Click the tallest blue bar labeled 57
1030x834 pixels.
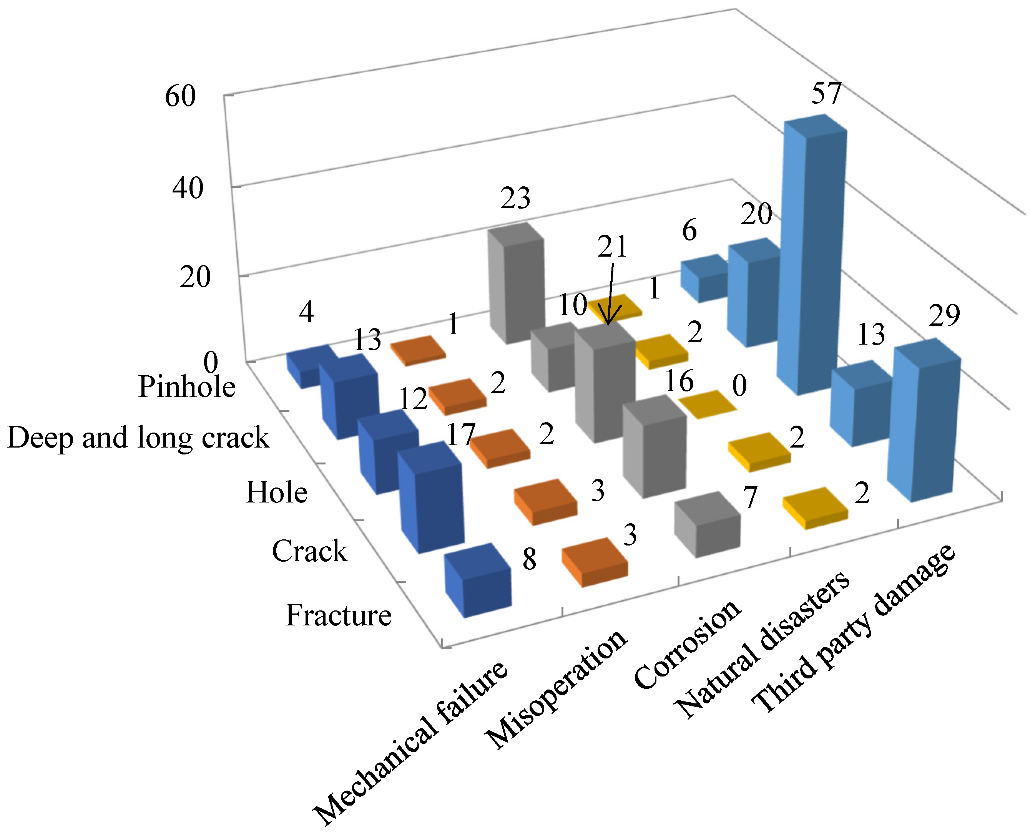pos(812,259)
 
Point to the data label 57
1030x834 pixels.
pos(826,93)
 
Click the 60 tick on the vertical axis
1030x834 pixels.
pos(180,96)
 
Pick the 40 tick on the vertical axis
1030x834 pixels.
pos(188,188)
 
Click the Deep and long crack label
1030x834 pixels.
pos(138,438)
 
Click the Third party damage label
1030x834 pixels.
pos(853,629)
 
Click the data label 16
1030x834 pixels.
pos(679,381)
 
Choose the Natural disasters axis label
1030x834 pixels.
pos(762,646)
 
